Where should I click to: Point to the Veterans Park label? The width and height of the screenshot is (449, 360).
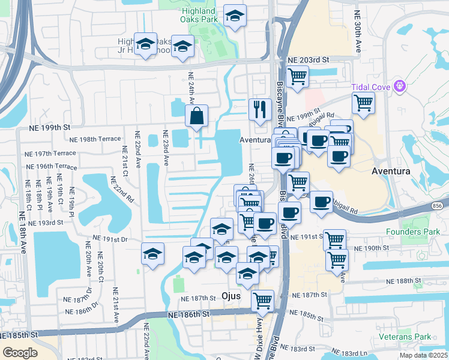[414, 337]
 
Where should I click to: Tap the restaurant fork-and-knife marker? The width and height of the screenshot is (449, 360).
[260, 110]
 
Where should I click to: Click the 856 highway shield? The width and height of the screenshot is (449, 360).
[437, 205]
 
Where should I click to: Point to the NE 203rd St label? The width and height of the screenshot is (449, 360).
[309, 60]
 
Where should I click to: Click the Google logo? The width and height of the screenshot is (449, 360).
[20, 353]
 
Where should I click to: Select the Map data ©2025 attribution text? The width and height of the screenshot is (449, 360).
[424, 355]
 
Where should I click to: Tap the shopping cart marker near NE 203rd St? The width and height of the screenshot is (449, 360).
[297, 77]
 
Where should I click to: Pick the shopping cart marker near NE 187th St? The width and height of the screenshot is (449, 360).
[262, 300]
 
